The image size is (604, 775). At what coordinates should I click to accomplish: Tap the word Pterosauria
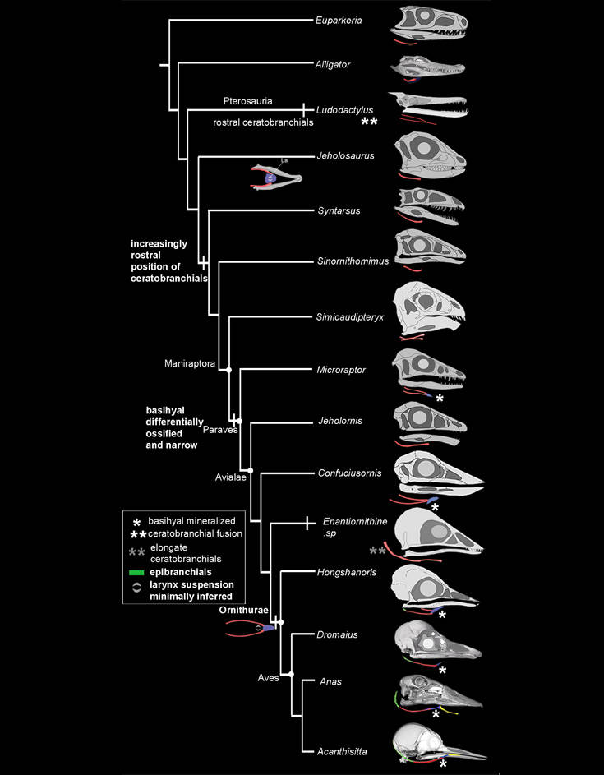tap(247, 101)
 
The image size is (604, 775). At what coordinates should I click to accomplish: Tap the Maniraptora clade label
tap(188, 362)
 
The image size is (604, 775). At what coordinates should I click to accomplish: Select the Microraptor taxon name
tap(342, 370)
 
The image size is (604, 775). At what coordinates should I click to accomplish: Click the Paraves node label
tap(217, 428)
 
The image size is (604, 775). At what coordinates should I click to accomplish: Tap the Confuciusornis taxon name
tap(349, 473)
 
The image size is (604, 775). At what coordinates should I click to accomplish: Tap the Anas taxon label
tap(331, 681)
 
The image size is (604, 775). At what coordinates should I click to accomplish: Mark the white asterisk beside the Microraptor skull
tap(440, 399)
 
